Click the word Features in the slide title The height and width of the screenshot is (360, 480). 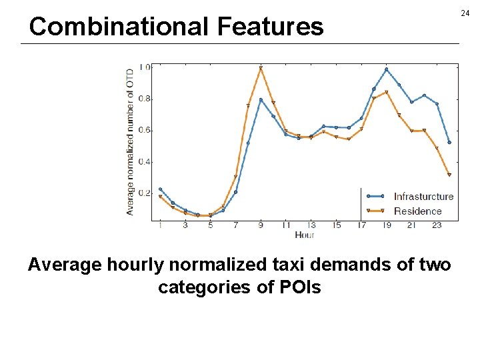pyautogui.click(x=270, y=27)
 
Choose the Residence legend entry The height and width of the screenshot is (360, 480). pyautogui.click(x=417, y=211)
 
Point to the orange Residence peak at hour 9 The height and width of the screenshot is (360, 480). pyautogui.click(x=261, y=68)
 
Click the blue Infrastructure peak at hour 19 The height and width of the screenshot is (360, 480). pyautogui.click(x=386, y=69)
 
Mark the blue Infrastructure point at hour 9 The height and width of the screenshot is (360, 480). pyautogui.click(x=261, y=100)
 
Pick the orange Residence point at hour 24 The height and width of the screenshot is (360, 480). pyautogui.click(x=449, y=175)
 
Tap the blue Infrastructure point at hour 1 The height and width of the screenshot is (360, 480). pyautogui.click(x=160, y=189)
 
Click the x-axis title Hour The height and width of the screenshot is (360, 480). pyautogui.click(x=304, y=235)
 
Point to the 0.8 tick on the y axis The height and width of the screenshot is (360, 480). pyautogui.click(x=143, y=99)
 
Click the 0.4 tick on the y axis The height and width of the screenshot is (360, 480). pyautogui.click(x=143, y=162)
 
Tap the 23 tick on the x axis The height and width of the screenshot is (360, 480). pyautogui.click(x=437, y=225)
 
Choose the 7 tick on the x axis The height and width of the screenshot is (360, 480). pyautogui.click(x=235, y=225)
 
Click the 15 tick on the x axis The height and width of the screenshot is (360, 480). pyautogui.click(x=336, y=225)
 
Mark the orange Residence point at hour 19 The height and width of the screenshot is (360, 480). pyautogui.click(x=387, y=92)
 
